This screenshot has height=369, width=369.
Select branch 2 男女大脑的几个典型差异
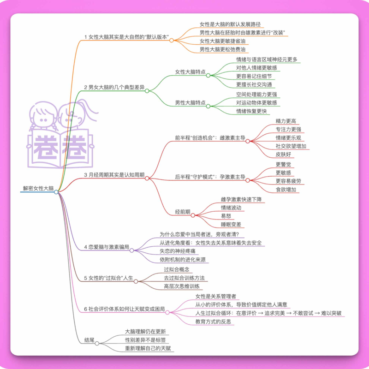(x=114, y=87)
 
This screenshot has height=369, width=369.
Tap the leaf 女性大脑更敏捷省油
(x=222, y=41)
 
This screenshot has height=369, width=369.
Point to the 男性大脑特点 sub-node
(x=190, y=102)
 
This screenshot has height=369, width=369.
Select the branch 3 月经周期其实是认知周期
(x=114, y=175)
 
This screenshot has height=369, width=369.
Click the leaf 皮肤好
(x=283, y=155)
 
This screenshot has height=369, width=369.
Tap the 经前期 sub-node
(x=183, y=212)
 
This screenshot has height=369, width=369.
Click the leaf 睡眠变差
(x=231, y=225)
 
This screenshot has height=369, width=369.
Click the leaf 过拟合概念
(x=177, y=269)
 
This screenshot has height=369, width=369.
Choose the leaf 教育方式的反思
(x=213, y=321)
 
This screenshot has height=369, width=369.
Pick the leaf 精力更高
(x=286, y=121)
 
